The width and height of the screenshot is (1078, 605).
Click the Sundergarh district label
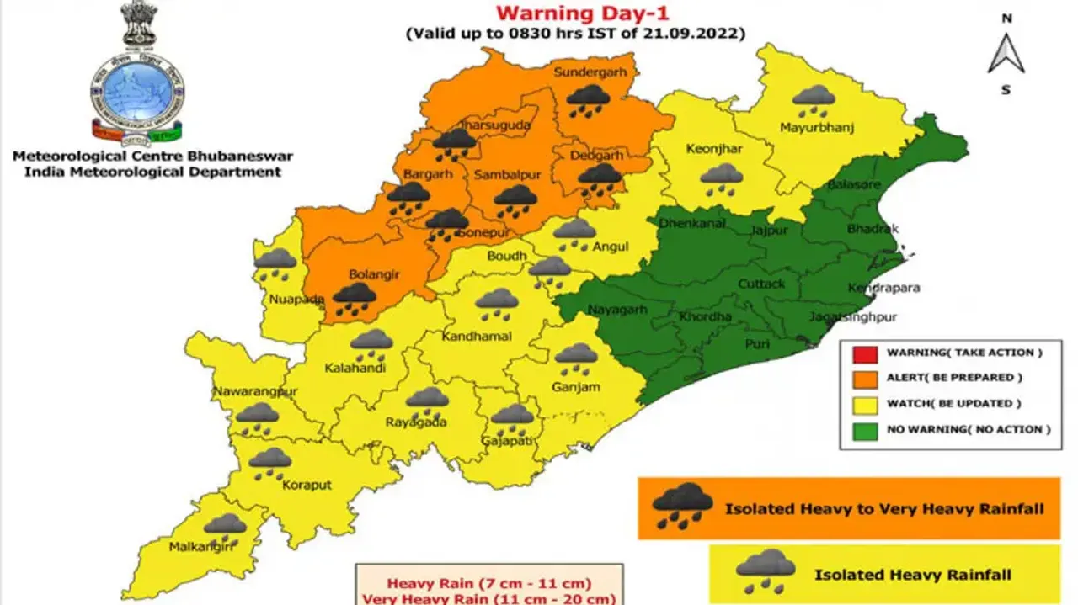(590, 72)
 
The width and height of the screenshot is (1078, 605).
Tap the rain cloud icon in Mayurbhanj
(814, 101)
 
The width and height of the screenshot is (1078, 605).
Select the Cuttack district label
(761, 284)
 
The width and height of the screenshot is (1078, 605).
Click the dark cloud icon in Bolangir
(355, 298)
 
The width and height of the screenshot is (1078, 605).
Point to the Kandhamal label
(476, 337)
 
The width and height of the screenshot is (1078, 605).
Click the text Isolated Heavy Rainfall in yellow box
(912, 575)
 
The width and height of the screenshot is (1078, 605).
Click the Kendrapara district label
(884, 288)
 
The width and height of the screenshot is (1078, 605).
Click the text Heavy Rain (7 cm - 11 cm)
(489, 583)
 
